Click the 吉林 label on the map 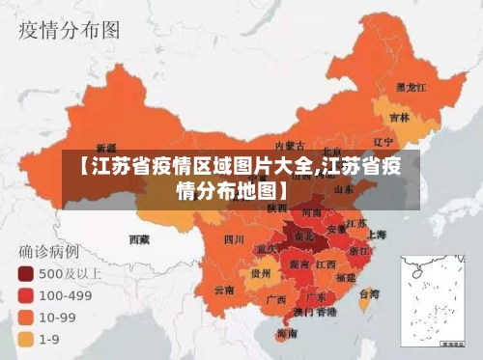pos(399,118)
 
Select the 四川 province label pos(234,237)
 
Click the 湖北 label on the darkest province pos(303,235)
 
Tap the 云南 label pos(224,290)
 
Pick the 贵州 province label pos(260,273)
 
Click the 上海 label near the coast pos(377,234)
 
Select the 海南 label pos(287,333)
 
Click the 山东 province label pos(349,188)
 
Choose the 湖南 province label pos(299,263)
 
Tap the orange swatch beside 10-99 pos(24,316)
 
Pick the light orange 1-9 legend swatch pos(24,338)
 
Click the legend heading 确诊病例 pos(51,251)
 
